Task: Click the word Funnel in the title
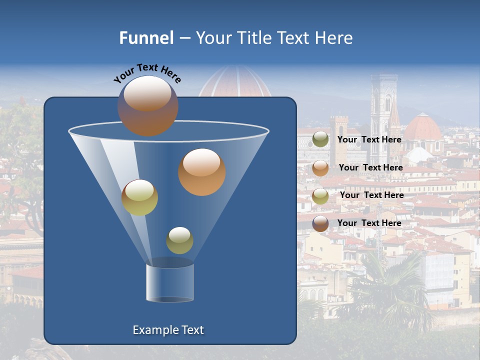coord(146,38)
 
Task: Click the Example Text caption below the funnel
coord(168,330)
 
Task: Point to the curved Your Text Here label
coord(147,73)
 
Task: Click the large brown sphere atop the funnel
coord(148,106)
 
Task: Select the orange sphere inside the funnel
coord(202,172)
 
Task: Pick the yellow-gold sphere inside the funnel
coord(139,197)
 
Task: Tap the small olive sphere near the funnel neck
coord(179,240)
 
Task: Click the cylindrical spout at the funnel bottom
coord(170,282)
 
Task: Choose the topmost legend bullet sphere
coord(320,139)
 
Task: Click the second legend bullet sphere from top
coord(320,168)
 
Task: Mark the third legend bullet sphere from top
coord(320,196)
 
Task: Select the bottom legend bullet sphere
coord(320,223)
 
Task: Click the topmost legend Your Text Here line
coord(369,139)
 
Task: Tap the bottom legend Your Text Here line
coord(369,223)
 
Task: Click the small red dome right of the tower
coord(423,128)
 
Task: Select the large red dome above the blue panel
coord(235,82)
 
